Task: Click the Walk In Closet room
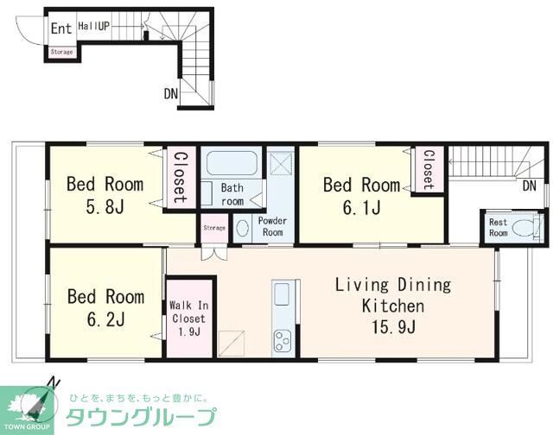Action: click(x=188, y=316)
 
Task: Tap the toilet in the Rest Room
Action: click(x=523, y=228)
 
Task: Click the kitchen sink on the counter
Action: click(x=283, y=294)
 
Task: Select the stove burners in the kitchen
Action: click(x=283, y=339)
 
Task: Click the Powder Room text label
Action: click(x=273, y=227)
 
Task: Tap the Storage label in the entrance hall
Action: click(x=61, y=52)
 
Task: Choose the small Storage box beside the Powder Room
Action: click(x=214, y=228)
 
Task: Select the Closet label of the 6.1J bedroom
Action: click(x=427, y=168)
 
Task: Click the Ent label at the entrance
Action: click(x=60, y=28)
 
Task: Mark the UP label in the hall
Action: click(x=104, y=27)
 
